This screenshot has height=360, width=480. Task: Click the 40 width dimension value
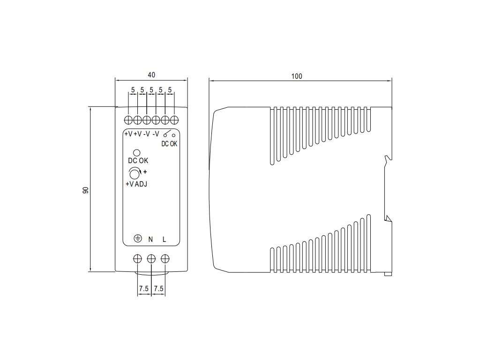151,75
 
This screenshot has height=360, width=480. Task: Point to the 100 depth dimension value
296,76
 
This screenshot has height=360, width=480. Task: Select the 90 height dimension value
86,190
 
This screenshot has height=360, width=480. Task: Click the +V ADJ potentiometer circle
135,174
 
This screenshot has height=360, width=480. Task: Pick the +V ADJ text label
136,184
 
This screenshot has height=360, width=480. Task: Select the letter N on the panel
150,240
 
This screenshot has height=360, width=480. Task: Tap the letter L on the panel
164,240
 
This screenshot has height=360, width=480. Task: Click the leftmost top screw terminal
129,119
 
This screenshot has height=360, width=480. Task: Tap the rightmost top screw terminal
174,119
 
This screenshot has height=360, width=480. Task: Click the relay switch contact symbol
169,134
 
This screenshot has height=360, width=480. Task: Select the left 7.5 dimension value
144,289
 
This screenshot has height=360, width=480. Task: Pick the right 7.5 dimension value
158,289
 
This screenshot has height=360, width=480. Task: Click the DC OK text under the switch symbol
169,143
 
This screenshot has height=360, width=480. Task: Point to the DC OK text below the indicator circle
138,161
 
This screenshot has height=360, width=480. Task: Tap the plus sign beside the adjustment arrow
145,171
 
